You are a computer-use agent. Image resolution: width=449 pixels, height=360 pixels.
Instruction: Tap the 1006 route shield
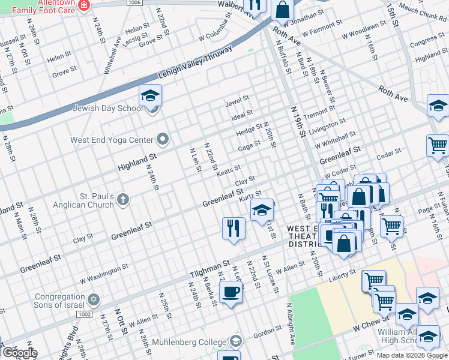tap(134, 3)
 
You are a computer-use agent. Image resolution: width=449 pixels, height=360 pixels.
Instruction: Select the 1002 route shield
tap(85, 314)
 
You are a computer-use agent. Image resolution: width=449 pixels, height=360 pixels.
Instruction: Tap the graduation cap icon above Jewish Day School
tap(150, 95)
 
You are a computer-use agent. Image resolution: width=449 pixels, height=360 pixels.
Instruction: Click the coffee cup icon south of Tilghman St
tap(231, 292)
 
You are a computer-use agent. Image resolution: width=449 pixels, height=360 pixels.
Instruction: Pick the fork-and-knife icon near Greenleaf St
tap(233, 228)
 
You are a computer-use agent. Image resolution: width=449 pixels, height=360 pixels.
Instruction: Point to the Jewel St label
tap(237, 103)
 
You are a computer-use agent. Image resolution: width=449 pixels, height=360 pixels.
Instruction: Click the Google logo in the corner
tap(19, 352)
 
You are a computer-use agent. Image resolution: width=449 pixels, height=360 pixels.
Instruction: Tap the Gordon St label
tap(264, 335)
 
